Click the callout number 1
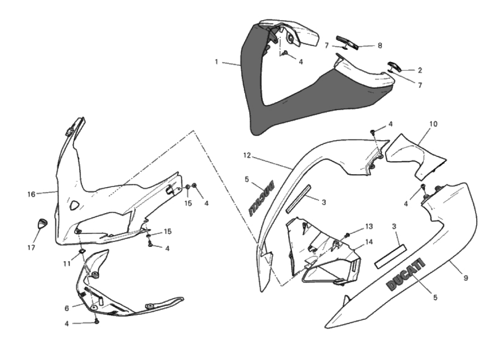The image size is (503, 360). [217, 62]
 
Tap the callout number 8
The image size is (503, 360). [380, 46]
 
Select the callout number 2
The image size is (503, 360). [420, 70]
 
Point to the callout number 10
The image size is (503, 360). [433, 124]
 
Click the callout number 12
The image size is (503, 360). [247, 155]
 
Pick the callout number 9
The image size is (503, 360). [466, 278]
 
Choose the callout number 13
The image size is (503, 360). [369, 226]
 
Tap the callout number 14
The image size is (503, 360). [369, 242]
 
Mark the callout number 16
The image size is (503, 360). [31, 194]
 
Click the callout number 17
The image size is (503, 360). [31, 248]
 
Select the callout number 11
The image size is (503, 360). [67, 264]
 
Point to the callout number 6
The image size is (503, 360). [67, 309]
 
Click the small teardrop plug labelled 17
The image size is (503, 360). [42, 223]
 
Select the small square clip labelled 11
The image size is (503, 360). [82, 251]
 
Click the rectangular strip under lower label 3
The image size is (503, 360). [390, 257]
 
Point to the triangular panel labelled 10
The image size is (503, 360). [415, 157]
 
